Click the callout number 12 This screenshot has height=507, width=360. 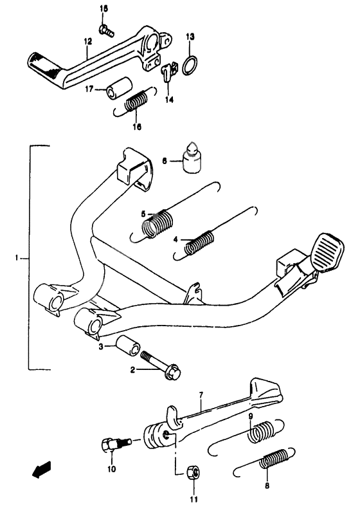coord(87,41)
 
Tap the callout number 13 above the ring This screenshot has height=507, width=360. coord(190,36)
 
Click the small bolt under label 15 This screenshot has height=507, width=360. coord(106,30)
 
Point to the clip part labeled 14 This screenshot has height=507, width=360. coord(169,70)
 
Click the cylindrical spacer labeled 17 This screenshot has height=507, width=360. coord(119,87)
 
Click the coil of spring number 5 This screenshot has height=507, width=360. coord(157,223)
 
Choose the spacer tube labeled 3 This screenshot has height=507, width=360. coord(128,346)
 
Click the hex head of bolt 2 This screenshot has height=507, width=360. coord(172,373)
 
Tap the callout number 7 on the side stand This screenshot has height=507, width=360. coord(201,395)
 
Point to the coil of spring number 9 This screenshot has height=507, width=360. coord(260,431)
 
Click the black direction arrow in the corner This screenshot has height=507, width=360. coord(41,469)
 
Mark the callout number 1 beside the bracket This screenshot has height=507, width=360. coord(16,258)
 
